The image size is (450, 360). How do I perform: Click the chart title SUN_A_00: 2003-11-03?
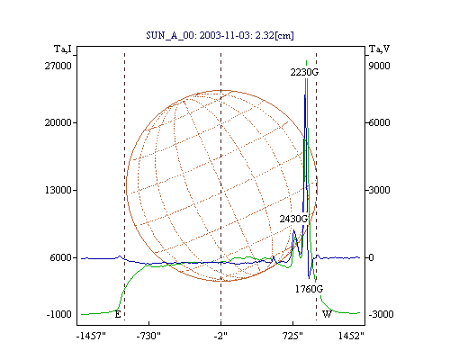pos(198,35)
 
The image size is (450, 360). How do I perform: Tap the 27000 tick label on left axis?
pos(58,66)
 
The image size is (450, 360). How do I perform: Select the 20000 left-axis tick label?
pos(58,122)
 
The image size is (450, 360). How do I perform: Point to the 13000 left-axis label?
pos(58,190)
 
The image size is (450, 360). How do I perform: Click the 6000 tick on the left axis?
pos(61,257)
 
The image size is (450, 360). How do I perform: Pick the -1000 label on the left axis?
pos(58,314)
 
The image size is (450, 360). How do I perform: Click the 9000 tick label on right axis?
pos(379,66)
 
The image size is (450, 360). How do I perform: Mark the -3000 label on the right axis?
pos(381,314)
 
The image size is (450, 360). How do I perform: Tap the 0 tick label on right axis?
pos(371,257)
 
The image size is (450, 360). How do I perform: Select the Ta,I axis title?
pos(63,49)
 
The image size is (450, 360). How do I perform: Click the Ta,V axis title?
pos(379,49)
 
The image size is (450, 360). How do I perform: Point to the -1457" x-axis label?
pos(91,336)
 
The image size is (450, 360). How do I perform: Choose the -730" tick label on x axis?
pos(148,336)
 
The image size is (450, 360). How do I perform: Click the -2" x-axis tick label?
pos(220,336)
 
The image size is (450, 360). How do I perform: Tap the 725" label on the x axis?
pos(292,336)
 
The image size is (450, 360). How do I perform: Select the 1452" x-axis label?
pos(351,336)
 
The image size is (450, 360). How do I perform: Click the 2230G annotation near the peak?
pos(304,72)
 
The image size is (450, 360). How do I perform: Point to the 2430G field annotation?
pos(293,219)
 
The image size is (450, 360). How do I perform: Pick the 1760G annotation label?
pos(309,289)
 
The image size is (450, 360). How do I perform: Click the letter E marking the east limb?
pos(118,314)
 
